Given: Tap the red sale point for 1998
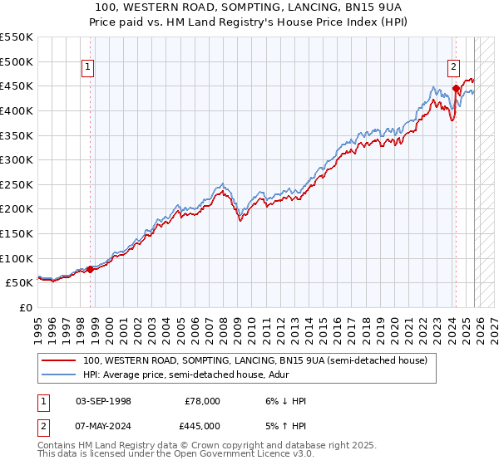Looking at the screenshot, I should point(91,269).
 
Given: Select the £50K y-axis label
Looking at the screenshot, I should point(21,282).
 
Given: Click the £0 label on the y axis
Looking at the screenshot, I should point(27,307).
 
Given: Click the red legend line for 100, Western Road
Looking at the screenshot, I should point(58,361).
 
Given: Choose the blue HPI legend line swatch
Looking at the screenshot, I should point(58,375).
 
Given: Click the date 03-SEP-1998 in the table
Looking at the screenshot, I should point(103,401).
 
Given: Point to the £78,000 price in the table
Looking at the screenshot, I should point(203,401).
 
